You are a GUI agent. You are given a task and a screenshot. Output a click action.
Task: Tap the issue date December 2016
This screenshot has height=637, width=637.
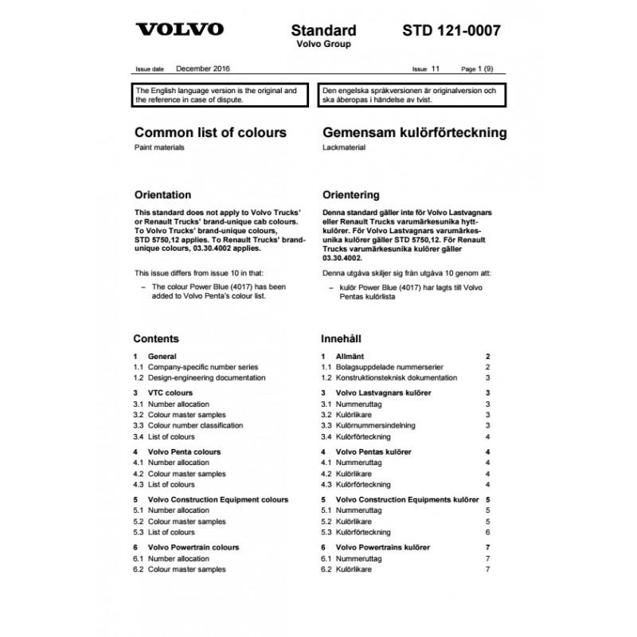(x=203, y=70)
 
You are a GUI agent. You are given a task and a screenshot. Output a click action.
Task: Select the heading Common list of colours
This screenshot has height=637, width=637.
(x=209, y=132)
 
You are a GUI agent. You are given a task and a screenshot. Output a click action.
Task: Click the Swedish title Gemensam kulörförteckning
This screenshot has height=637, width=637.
(x=413, y=132)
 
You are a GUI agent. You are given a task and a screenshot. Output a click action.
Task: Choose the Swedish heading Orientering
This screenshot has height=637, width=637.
(x=350, y=194)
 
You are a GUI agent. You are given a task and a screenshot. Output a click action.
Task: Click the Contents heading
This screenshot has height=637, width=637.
(x=156, y=338)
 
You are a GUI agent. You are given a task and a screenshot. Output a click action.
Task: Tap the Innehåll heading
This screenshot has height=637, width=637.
(x=341, y=338)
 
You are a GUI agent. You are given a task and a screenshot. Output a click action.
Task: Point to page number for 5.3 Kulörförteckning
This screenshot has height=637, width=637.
(x=487, y=532)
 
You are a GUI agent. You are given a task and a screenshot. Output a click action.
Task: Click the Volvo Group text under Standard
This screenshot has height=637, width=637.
(x=322, y=45)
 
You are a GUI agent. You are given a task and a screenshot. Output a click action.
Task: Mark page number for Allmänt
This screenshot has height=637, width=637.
(x=487, y=356)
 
